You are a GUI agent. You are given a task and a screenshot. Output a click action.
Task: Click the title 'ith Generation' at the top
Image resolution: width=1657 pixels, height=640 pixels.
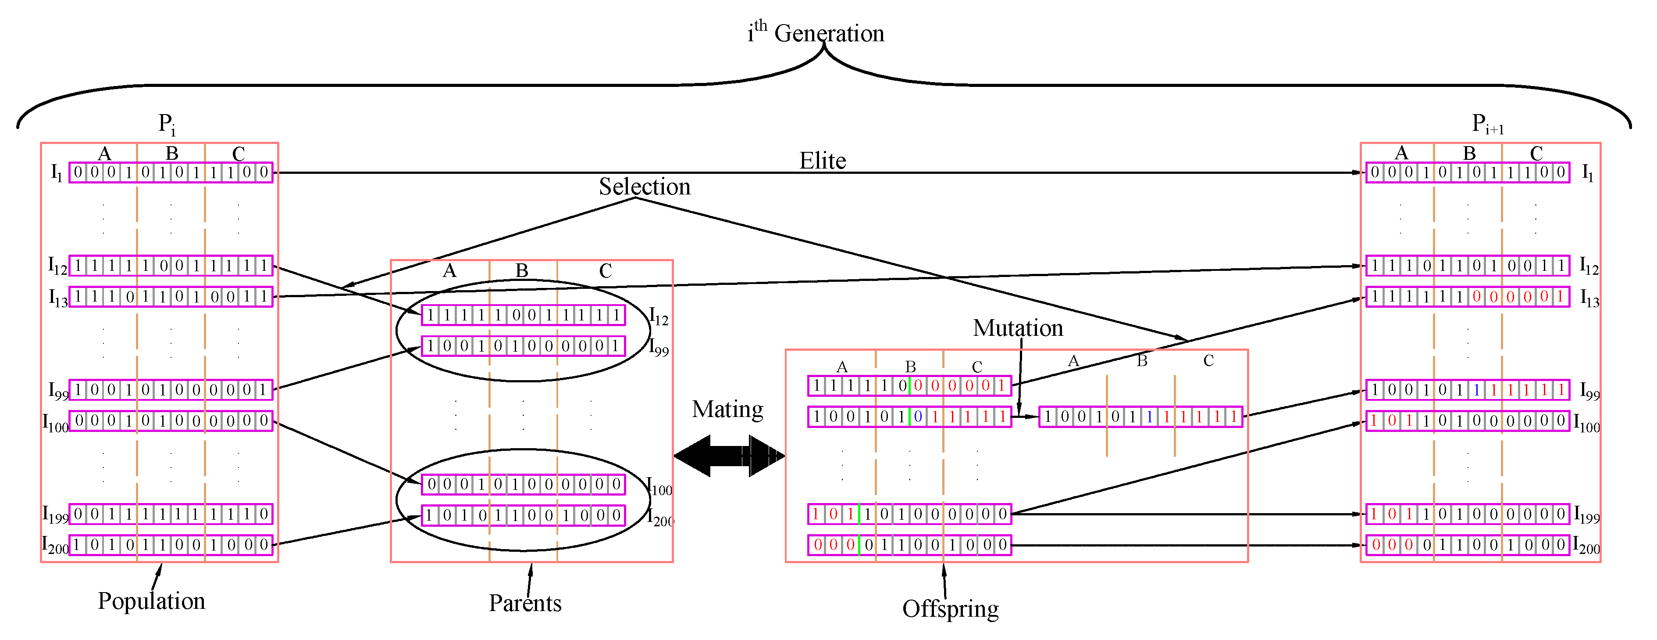816,32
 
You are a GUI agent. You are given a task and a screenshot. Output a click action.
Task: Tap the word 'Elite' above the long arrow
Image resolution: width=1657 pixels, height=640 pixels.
822,160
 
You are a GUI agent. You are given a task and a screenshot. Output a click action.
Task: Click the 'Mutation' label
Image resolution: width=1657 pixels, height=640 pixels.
1018,328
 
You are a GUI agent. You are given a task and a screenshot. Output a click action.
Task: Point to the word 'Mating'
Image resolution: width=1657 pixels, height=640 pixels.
727,409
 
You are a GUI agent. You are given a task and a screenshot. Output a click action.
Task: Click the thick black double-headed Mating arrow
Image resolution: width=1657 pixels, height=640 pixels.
729,456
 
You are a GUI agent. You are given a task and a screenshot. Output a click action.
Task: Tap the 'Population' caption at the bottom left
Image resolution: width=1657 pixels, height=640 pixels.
151,600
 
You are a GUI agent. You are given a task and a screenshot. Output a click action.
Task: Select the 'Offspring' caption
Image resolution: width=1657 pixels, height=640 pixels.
950,608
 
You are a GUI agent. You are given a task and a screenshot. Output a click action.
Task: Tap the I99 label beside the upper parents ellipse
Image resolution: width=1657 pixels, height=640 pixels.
659,347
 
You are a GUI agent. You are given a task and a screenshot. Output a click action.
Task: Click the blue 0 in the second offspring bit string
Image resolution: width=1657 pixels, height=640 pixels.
918,417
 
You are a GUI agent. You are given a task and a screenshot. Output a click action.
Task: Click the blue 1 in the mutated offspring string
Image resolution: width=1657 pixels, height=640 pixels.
1149,417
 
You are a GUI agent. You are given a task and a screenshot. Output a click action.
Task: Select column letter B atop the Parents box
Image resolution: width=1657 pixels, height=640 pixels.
522,270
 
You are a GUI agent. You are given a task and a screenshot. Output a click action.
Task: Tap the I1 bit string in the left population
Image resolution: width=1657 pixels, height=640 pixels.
171,173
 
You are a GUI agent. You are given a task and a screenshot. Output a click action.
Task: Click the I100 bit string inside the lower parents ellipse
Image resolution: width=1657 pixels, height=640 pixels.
523,484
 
